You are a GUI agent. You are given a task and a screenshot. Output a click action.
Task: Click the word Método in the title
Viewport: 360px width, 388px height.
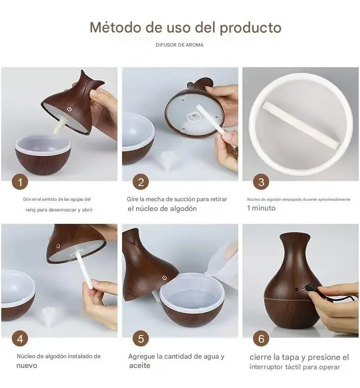116,27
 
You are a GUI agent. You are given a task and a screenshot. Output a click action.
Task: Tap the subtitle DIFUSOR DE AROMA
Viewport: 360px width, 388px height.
180,45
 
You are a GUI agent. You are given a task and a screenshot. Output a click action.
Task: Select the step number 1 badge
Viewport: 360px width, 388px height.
20,182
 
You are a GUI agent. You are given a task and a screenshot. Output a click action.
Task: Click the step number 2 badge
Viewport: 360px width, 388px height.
140,182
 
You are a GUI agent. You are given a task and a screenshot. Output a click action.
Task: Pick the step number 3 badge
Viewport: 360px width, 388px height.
261,182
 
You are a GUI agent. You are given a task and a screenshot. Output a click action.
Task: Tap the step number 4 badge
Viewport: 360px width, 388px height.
20,339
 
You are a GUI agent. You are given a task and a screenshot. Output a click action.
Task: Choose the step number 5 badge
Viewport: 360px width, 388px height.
140,339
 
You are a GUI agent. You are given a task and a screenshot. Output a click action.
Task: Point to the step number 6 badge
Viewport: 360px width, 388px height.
261,339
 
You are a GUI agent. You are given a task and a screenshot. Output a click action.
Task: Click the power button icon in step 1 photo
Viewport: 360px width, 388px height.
69,109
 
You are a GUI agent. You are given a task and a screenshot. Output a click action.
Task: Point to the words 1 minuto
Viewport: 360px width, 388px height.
261,208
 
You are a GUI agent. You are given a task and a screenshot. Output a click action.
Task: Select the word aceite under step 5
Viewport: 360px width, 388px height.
140,366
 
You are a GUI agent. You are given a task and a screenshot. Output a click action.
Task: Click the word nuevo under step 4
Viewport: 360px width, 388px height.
27,366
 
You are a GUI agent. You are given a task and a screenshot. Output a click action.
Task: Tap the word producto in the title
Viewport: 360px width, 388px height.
251,28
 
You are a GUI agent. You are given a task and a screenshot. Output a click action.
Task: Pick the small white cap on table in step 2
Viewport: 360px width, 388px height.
166,160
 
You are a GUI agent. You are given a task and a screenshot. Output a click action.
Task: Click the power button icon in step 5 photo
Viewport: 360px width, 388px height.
164,278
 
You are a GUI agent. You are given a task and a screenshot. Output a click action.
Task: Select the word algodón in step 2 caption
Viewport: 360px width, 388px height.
182,209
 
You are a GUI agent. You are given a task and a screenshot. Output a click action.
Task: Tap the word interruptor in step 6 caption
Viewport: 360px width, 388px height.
266,367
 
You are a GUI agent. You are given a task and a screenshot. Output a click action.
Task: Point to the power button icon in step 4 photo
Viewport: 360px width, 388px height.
58,246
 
